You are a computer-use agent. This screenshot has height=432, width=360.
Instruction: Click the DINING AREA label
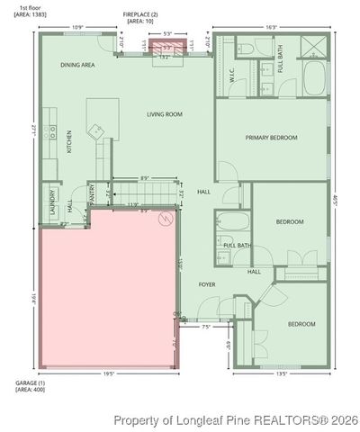point(78,66)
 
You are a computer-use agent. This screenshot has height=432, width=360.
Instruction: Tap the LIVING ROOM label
point(166,114)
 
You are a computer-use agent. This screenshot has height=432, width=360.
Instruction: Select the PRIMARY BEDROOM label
point(271,138)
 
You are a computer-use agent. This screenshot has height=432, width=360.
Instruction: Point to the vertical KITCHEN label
point(69,142)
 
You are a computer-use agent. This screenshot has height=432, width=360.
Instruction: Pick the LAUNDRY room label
point(52,200)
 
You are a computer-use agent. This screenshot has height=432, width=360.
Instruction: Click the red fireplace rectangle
point(165,47)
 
